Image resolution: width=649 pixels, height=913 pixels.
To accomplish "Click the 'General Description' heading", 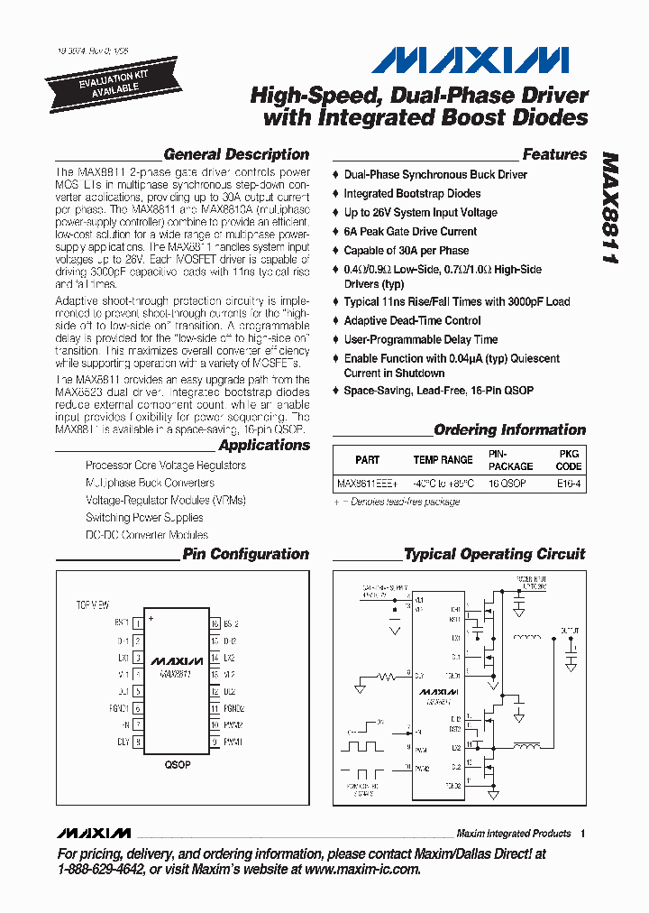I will pyautogui.click(x=236, y=154).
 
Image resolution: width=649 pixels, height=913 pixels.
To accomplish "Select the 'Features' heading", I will pyautogui.click(x=554, y=154).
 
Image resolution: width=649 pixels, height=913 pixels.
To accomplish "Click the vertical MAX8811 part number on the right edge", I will pyautogui.click(x=610, y=207).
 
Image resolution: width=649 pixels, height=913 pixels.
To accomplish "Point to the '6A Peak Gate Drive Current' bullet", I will pyautogui.click(x=410, y=231).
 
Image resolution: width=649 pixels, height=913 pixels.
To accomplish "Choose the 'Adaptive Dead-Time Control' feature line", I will pyautogui.click(x=412, y=320).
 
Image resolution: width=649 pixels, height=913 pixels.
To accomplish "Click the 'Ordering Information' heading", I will pyautogui.click(x=509, y=430).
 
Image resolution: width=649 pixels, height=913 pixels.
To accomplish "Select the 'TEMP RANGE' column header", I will pyautogui.click(x=443, y=460).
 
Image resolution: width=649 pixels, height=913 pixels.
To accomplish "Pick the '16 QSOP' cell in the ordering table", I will pyautogui.click(x=507, y=484).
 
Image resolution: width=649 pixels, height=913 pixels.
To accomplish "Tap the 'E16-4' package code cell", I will pyautogui.click(x=569, y=484).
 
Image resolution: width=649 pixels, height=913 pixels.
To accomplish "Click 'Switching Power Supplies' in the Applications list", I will pyautogui.click(x=144, y=518).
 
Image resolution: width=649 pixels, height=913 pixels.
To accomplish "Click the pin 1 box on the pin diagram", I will pyautogui.click(x=138, y=622).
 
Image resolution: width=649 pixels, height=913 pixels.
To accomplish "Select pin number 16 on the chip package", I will pyautogui.click(x=215, y=622).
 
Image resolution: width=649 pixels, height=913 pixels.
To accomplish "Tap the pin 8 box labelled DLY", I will pyautogui.click(x=138, y=742).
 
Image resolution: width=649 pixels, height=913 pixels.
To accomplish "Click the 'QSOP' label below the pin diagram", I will pyautogui.click(x=177, y=764).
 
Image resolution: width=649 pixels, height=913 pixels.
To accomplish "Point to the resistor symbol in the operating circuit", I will pyautogui.click(x=386, y=674).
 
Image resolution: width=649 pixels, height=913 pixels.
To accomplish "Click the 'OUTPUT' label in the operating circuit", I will pyautogui.click(x=570, y=629).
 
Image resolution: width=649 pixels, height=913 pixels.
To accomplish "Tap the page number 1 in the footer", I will pyautogui.click(x=583, y=834).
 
